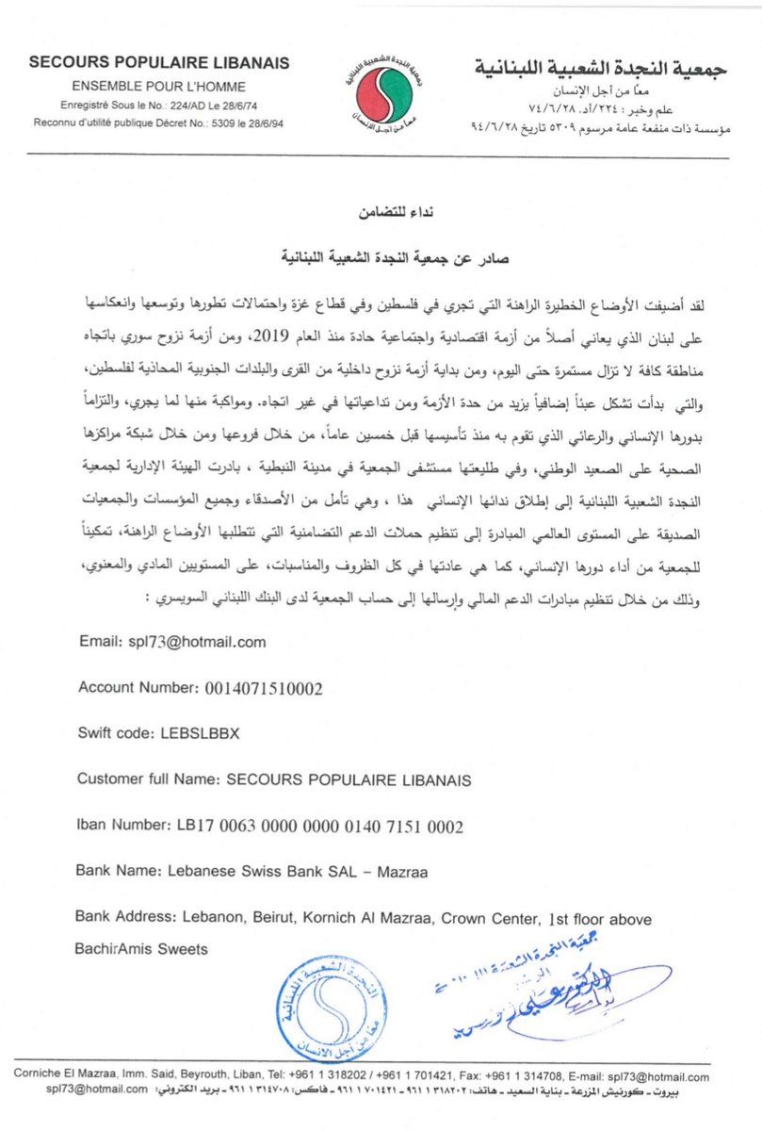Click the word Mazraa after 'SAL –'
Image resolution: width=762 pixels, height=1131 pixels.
pyautogui.click(x=402, y=874)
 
